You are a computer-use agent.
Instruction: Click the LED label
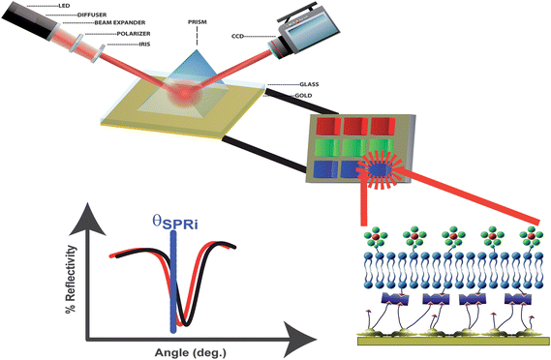tap(64, 6)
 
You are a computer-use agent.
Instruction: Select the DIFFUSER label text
tap(91, 15)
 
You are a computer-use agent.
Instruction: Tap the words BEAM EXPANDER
tap(119, 22)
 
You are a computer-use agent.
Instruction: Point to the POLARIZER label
tap(134, 34)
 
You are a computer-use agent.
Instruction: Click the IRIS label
tap(144, 45)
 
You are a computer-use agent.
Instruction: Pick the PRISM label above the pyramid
tap(198, 22)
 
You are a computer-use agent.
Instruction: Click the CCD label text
tap(237, 36)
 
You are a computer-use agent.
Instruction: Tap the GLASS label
tap(309, 84)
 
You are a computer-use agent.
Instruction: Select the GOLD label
tap(303, 95)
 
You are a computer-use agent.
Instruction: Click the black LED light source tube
tap(30, 22)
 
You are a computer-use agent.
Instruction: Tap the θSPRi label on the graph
tap(174, 222)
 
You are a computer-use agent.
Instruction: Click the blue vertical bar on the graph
tap(173, 282)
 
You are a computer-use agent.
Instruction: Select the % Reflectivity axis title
tap(71, 279)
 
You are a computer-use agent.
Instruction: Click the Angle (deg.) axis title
tap(191, 352)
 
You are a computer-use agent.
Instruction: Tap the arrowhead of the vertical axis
tap(88, 221)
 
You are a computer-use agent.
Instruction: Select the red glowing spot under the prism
tap(185, 93)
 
